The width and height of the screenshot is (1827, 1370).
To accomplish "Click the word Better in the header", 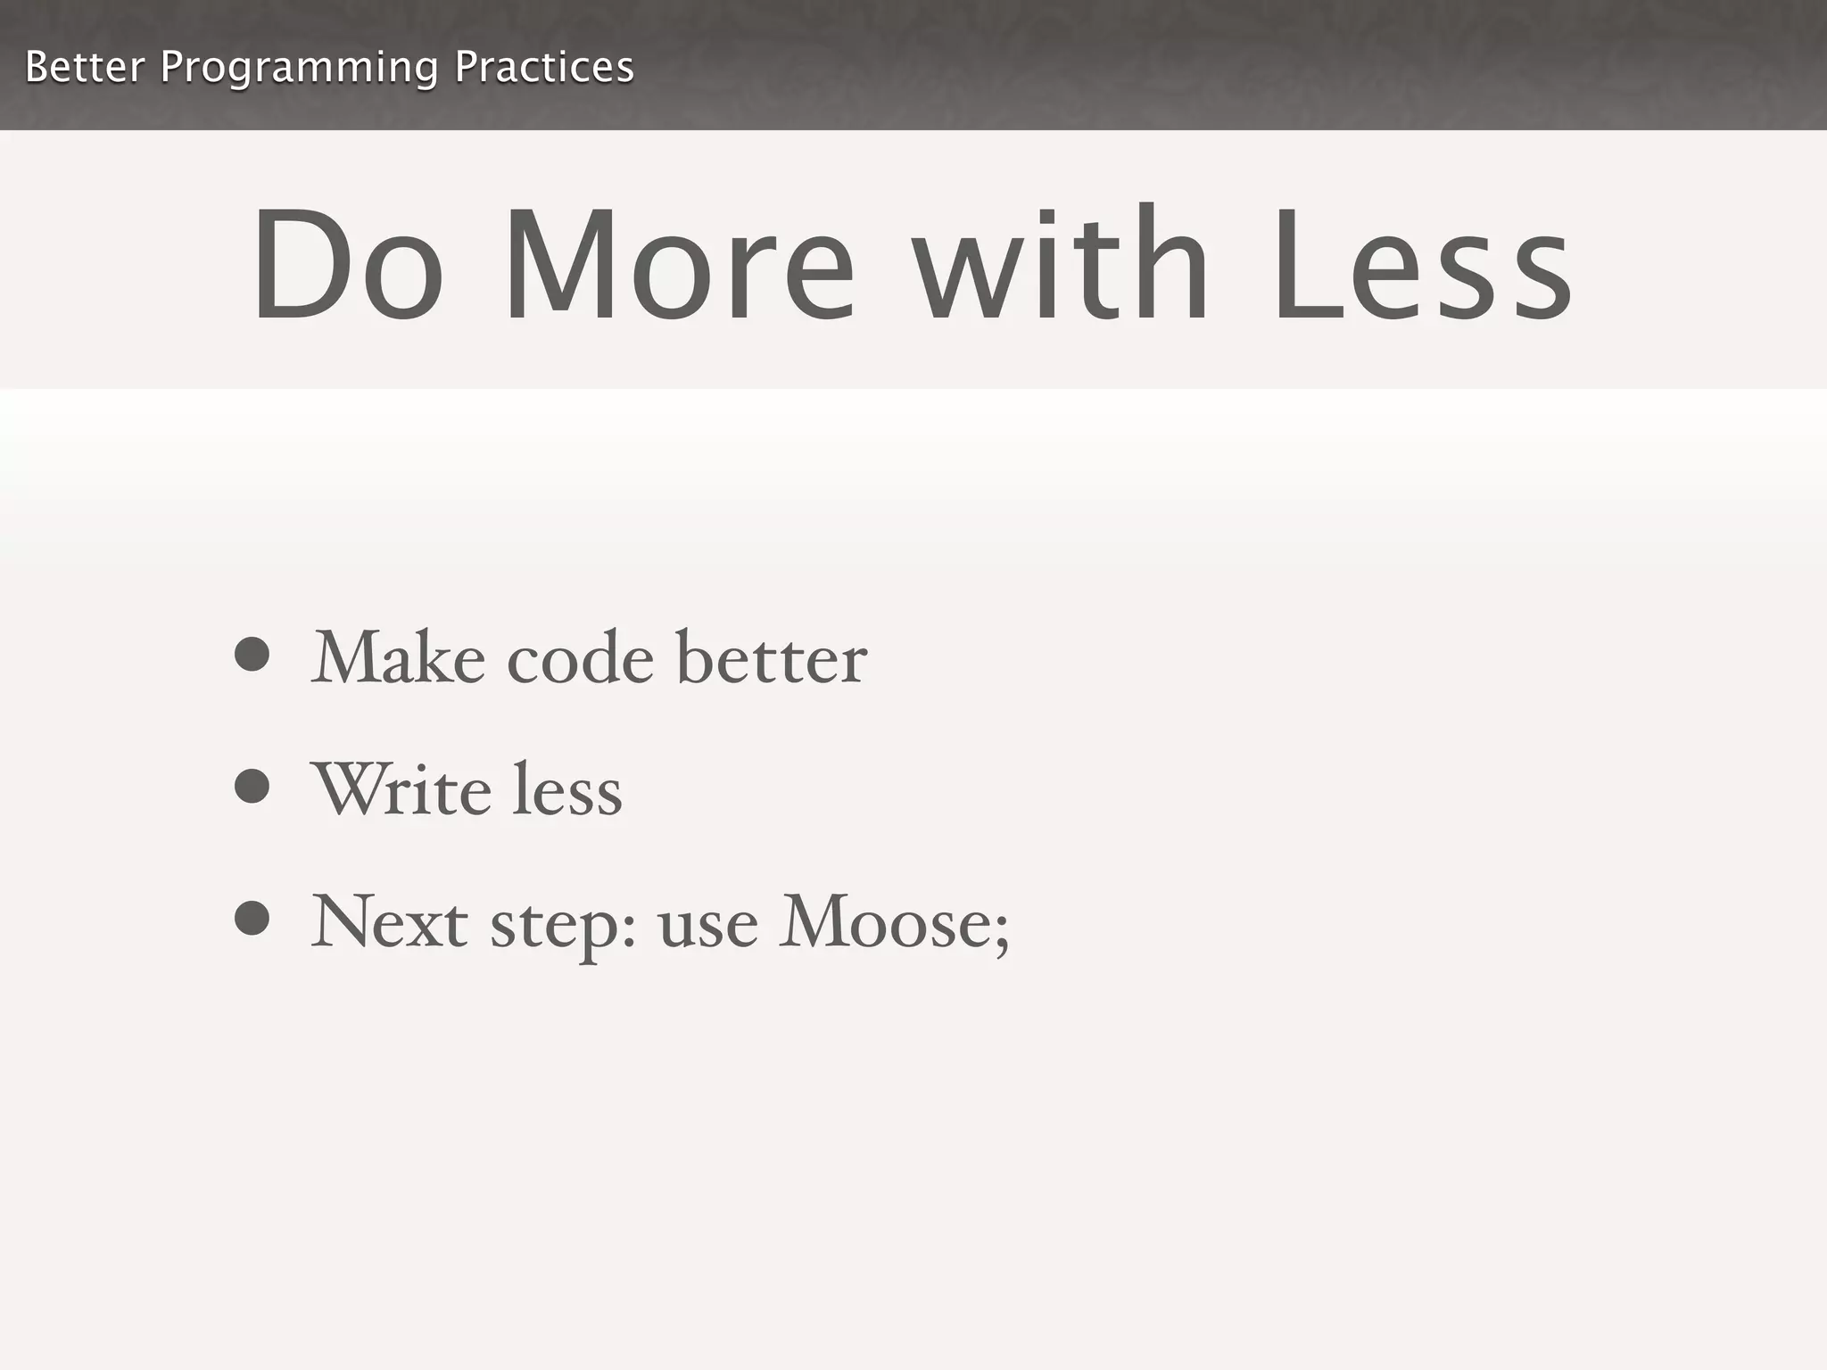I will point(84,67).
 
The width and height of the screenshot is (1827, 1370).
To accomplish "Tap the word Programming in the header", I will point(299,69).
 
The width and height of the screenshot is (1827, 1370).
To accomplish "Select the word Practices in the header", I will point(544,67).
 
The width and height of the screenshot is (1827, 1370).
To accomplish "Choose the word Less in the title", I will point(1422,265).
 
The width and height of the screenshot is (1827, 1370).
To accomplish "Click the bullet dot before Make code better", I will point(252,655).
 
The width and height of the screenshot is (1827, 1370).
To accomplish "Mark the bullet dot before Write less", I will point(252,786).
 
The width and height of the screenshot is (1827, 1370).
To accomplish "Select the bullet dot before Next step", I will point(252,919).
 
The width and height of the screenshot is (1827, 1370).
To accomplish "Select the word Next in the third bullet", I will point(389,922).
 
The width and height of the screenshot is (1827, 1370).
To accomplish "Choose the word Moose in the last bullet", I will point(883,922).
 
